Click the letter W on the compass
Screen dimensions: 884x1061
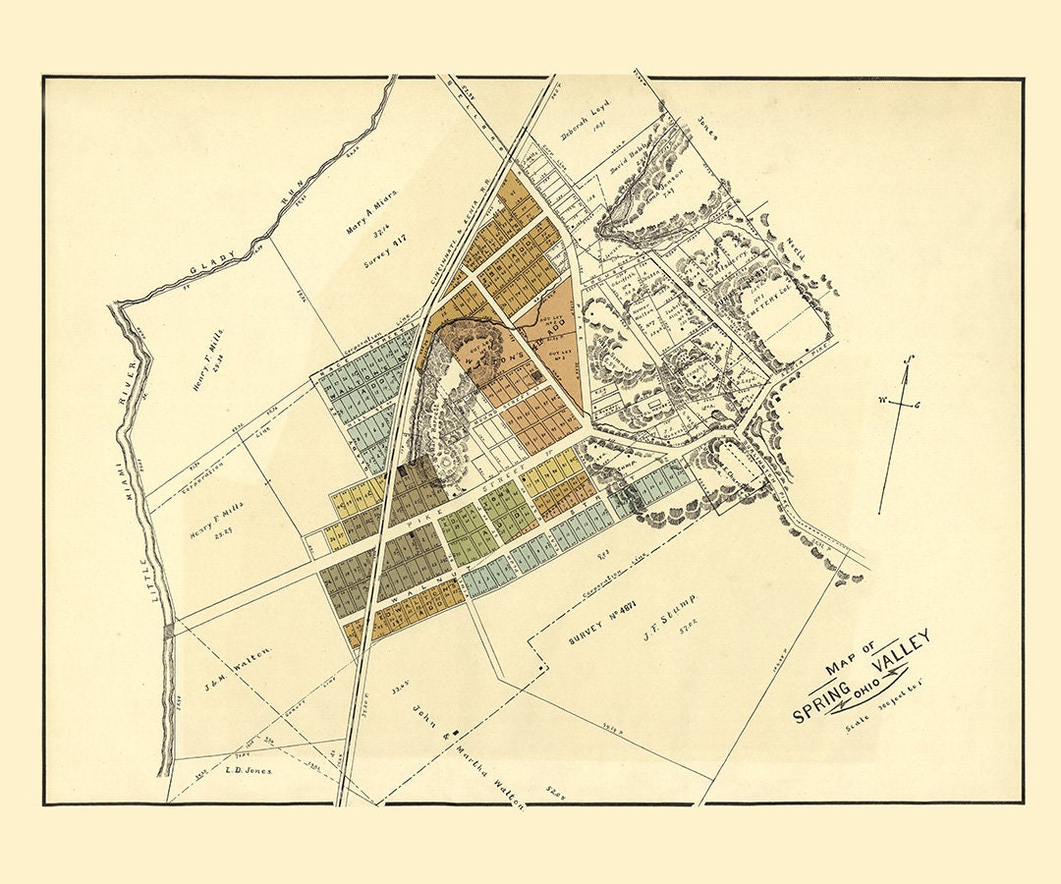click(x=881, y=400)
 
